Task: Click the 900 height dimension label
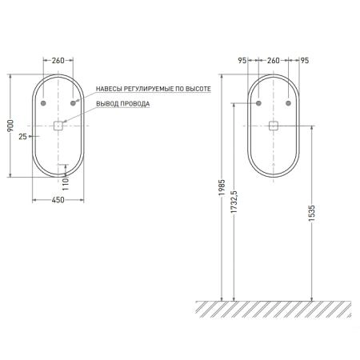tap(10, 126)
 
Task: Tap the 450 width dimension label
tap(58, 200)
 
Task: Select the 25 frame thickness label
tap(23, 137)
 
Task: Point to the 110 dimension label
tap(66, 184)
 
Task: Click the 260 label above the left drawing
tap(58, 61)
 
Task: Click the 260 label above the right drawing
tap(274, 61)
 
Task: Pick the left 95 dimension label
tap(242, 61)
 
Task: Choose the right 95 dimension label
tap(305, 61)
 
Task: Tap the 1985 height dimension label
tap(222, 188)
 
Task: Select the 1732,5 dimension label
tap(234, 202)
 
